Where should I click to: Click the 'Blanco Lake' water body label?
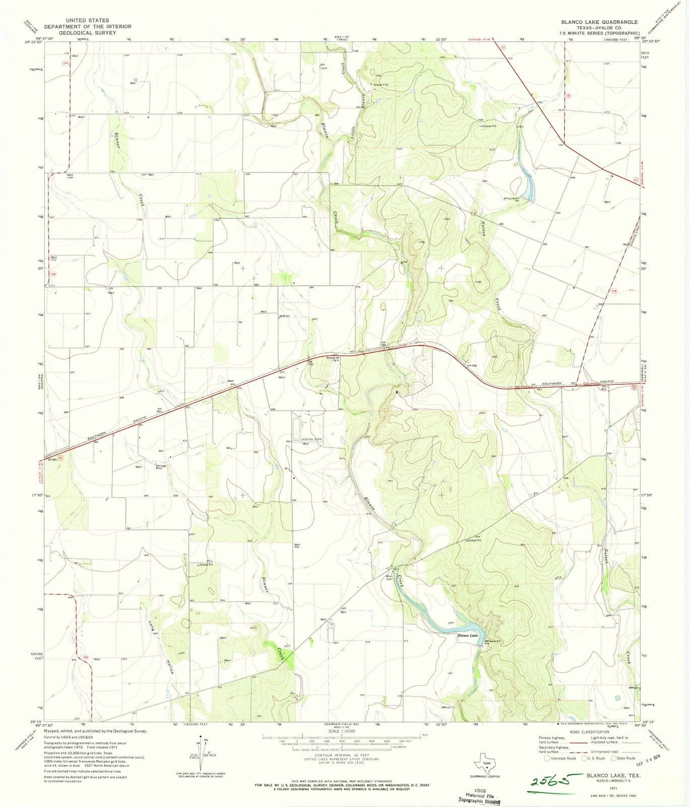467,636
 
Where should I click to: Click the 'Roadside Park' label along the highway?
332,359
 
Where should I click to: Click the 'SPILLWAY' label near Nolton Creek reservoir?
510,198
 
